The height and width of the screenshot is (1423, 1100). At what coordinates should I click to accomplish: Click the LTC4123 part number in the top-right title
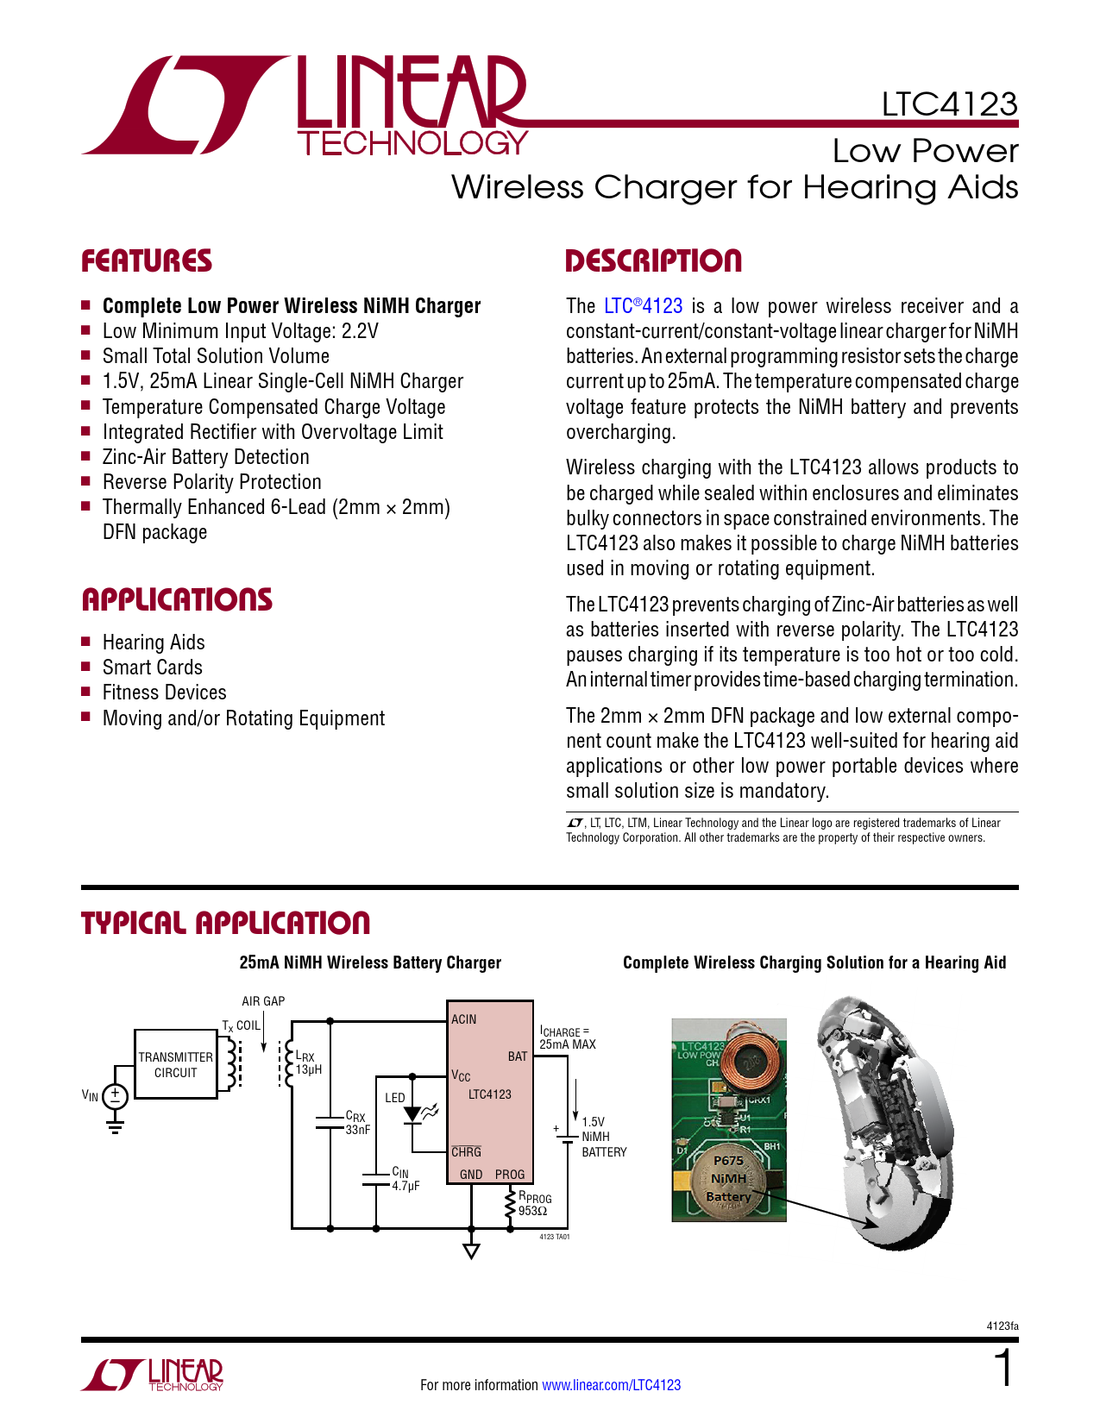(x=949, y=104)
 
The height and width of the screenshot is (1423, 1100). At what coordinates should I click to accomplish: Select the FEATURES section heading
(x=147, y=261)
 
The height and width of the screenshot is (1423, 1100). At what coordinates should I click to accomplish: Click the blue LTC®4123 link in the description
(x=643, y=306)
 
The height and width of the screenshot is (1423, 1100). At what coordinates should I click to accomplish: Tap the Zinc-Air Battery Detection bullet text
(x=205, y=457)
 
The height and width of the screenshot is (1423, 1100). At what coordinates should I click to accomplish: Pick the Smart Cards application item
(x=152, y=668)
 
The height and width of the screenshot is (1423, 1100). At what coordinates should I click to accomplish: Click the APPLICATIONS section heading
(x=177, y=600)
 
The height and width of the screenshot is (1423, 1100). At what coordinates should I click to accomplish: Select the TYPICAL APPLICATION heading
(x=225, y=924)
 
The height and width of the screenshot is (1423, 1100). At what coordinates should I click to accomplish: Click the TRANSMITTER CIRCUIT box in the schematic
(x=176, y=1064)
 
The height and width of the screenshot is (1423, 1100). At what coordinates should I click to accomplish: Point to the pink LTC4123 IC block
(x=489, y=1092)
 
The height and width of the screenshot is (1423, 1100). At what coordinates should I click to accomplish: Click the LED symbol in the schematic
(x=413, y=1113)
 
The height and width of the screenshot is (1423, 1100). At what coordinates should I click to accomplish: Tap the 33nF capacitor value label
(x=357, y=1130)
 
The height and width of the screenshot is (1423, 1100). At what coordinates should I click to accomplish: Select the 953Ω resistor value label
(x=532, y=1211)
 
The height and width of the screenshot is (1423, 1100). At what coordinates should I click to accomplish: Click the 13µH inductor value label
(x=308, y=1069)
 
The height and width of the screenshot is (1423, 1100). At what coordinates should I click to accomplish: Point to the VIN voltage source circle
(x=115, y=1096)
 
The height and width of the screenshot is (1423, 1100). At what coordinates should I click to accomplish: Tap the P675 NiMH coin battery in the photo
(x=728, y=1179)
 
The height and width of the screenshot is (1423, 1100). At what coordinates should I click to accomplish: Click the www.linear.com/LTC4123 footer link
(x=611, y=1385)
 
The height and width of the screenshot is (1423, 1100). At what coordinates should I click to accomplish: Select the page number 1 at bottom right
(x=1004, y=1369)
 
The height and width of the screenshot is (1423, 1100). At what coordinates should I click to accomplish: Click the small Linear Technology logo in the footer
(x=153, y=1375)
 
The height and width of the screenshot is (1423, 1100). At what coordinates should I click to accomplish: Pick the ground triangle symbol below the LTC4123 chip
(x=471, y=1251)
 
